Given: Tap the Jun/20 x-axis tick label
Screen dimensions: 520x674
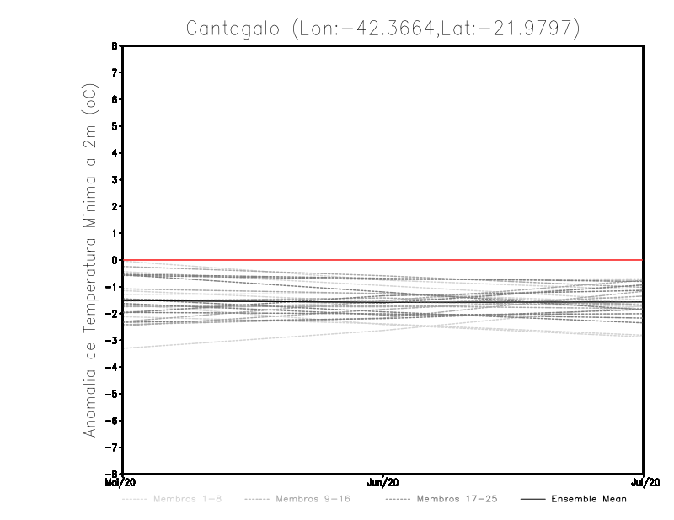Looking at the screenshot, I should [383, 482].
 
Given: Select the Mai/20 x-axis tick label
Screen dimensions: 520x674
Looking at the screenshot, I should [118, 482].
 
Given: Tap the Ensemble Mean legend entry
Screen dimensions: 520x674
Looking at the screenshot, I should [588, 500].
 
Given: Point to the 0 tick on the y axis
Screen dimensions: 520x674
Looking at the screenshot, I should [115, 260].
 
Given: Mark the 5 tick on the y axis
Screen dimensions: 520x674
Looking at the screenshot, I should [115, 126].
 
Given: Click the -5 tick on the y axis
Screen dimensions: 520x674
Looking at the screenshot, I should [113, 393].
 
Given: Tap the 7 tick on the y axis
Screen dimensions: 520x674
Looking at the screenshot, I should [115, 73].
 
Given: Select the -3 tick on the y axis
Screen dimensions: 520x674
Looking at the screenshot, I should [113, 340].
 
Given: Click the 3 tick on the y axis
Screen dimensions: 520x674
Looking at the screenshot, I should [115, 180].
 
